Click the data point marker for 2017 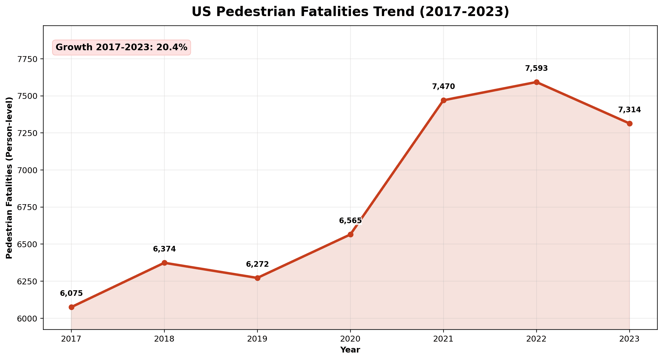[71, 307]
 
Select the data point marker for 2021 [444, 100]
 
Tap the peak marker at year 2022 [536, 82]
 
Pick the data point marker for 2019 [257, 278]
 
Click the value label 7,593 [536, 68]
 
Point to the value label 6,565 [350, 221]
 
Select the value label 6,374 [164, 249]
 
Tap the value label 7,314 [629, 110]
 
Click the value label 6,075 [71, 293]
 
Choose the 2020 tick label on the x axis [350, 339]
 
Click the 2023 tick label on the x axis [629, 339]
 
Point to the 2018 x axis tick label [164, 339]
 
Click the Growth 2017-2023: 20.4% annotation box [121, 48]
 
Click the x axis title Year [350, 350]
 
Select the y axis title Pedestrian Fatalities [9, 178]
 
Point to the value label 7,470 [444, 87]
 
